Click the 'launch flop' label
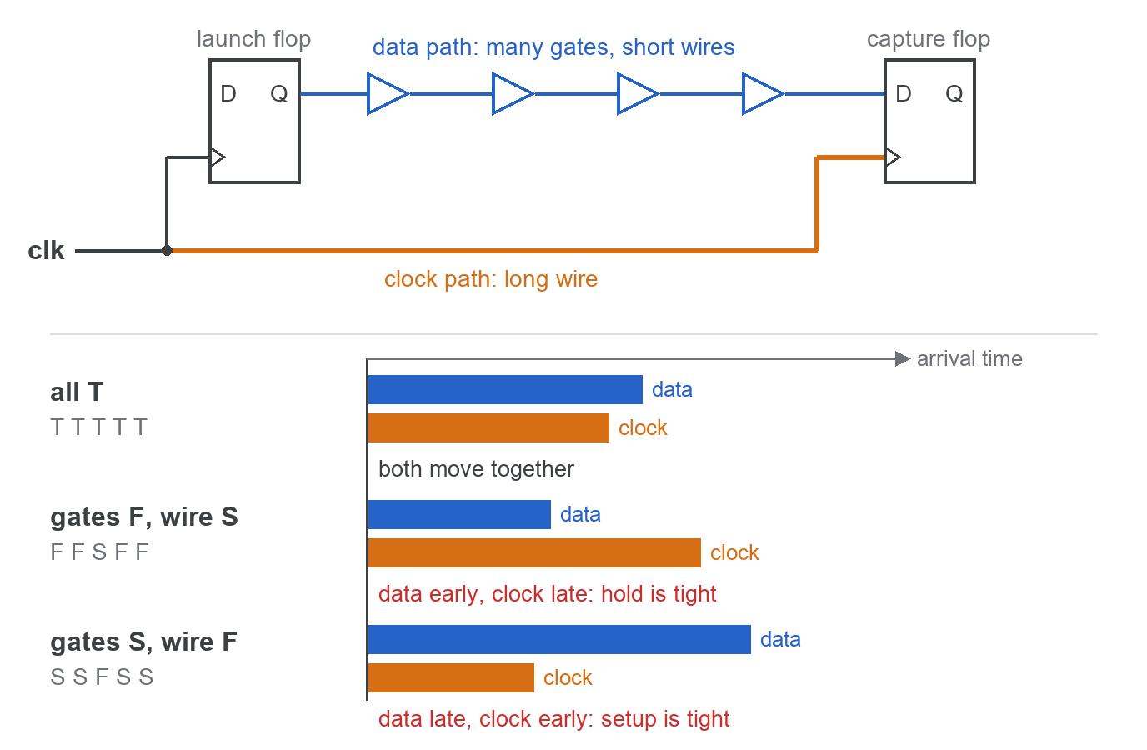[x=253, y=39]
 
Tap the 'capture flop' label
[x=929, y=39]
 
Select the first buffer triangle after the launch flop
[x=388, y=93]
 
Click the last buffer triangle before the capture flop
[x=763, y=93]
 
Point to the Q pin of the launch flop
[x=279, y=93]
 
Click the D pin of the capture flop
[x=904, y=93]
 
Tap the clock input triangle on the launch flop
[x=217, y=157]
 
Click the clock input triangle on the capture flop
[x=893, y=157]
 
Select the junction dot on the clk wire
[x=167, y=250]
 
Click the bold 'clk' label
[x=46, y=251]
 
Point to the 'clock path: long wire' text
[x=490, y=279]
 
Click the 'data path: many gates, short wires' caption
[x=553, y=47]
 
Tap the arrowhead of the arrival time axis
[x=903, y=359]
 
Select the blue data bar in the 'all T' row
[x=505, y=390]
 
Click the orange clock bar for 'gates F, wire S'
[x=534, y=552]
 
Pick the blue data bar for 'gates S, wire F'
[x=559, y=639]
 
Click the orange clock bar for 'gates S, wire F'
[x=451, y=677]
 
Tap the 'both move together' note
[x=476, y=469]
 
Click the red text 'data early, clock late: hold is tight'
[x=547, y=594]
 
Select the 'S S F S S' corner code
[x=102, y=677]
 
